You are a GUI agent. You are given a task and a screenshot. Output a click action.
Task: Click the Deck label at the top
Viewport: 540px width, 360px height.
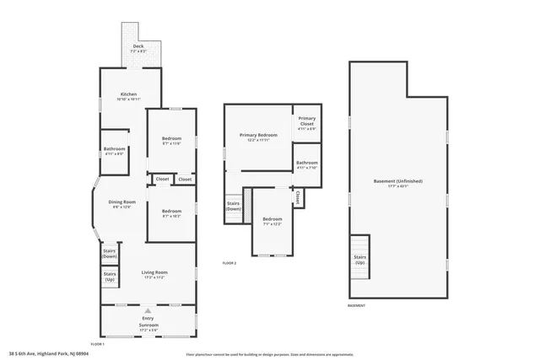click(138, 49)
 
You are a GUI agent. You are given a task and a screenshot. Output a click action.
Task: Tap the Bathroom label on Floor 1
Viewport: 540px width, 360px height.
click(114, 151)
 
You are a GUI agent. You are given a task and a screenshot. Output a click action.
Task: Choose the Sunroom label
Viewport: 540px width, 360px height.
click(148, 325)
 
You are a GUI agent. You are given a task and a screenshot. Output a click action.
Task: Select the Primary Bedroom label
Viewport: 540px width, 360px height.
click(258, 137)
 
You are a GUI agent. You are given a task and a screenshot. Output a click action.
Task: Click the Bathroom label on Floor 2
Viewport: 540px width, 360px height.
click(306, 164)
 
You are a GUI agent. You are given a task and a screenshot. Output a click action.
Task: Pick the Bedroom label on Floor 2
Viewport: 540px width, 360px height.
click(272, 221)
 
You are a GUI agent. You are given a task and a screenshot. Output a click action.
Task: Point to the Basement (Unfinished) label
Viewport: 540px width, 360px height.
click(397, 183)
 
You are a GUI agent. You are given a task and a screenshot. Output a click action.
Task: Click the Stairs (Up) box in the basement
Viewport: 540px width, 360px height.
click(359, 259)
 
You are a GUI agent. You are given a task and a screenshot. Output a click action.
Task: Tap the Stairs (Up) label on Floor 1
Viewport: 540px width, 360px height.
click(109, 276)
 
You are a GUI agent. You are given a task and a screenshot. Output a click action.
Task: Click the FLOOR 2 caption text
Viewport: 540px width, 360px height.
click(229, 264)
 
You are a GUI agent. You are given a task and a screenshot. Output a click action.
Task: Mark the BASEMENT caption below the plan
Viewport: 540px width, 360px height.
click(358, 305)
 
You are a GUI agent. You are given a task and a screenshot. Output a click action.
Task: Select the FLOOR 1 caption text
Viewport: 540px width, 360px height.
click(97, 344)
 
